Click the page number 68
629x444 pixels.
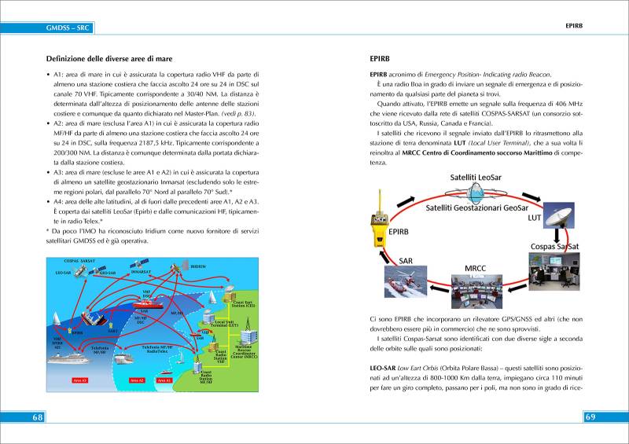tap(37, 416)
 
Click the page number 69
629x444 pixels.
tap(591, 416)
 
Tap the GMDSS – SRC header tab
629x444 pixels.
tap(68, 29)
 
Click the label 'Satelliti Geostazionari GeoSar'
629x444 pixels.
tap(477, 208)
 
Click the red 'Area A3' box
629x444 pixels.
tap(80, 380)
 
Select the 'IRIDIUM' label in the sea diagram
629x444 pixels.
tap(198, 266)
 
